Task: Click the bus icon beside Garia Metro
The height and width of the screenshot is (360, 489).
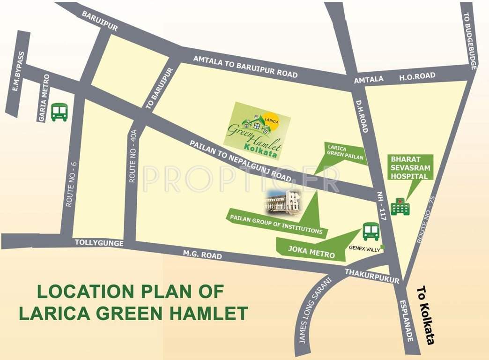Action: click(59, 112)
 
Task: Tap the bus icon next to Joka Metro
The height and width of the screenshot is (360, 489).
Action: click(371, 232)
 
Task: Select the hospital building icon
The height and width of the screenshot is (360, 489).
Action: click(400, 206)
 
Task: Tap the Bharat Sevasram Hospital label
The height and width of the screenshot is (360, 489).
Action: click(410, 167)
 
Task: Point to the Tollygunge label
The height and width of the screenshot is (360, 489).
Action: click(99, 243)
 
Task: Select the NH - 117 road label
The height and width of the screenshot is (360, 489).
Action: click(383, 206)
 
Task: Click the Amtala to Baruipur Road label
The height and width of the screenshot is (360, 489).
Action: click(246, 66)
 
